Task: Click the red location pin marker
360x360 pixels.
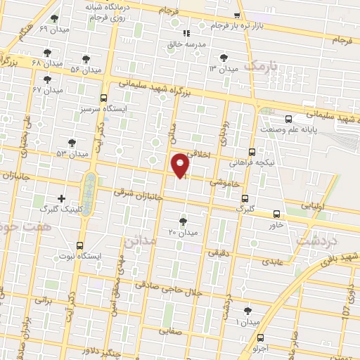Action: (181, 164)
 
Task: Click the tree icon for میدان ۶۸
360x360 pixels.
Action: (47, 53)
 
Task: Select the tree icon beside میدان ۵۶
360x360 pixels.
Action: (86, 60)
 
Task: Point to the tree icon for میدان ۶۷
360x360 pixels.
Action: (47, 79)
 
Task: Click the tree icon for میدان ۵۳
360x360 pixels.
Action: (72, 143)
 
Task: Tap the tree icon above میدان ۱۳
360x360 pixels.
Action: (224, 58)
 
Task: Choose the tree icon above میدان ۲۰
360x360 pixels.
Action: (184, 221)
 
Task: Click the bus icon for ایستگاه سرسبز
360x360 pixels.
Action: (104, 98)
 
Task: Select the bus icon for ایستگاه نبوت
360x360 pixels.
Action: (79, 246)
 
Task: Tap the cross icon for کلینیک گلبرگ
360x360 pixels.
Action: (62, 199)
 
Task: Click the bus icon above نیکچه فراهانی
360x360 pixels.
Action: (252, 151)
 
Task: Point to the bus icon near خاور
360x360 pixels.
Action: (276, 214)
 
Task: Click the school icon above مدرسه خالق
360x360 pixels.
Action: (186, 33)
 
